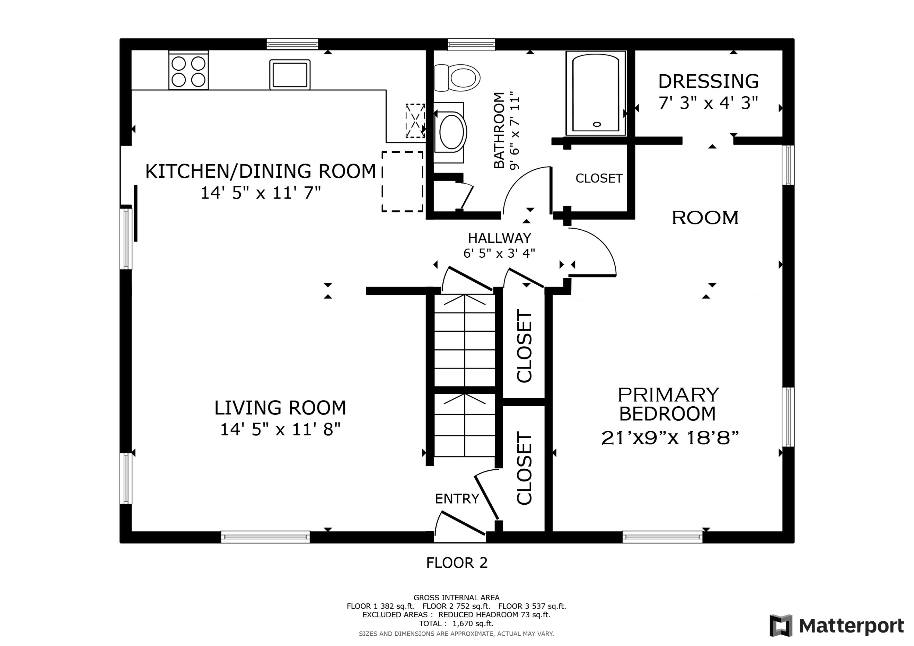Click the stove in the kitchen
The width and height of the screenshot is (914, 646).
(x=188, y=70)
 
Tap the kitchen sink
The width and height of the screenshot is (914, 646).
(x=290, y=74)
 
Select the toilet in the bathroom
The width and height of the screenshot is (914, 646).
(x=457, y=78)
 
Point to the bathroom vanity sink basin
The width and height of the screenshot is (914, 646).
(x=452, y=132)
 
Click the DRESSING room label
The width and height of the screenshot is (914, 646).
(x=708, y=81)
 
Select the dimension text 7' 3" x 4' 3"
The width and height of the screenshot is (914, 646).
(x=708, y=103)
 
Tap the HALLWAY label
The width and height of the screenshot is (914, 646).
(x=499, y=238)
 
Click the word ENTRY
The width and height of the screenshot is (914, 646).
(x=457, y=499)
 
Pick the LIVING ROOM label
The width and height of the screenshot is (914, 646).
(x=280, y=408)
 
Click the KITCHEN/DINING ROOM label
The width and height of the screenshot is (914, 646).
(x=260, y=171)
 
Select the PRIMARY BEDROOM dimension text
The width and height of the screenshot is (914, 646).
(x=670, y=438)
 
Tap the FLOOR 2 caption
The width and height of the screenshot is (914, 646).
(x=457, y=563)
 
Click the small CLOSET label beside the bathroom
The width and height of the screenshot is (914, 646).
(x=599, y=178)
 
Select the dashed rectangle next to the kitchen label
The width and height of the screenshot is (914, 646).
(x=402, y=182)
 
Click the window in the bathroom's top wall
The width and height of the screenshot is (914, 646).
(x=471, y=44)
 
